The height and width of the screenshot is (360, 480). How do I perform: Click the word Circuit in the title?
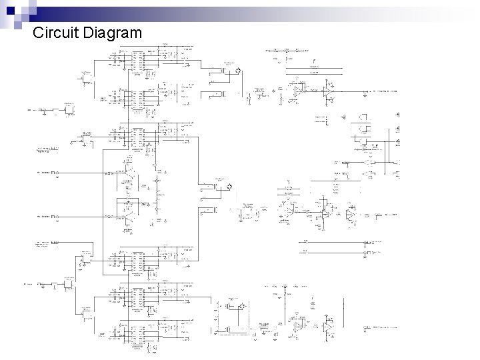point(56,32)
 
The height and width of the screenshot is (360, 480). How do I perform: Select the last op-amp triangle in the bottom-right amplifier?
point(327,327)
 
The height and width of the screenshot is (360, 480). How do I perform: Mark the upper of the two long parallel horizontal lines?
point(333,242)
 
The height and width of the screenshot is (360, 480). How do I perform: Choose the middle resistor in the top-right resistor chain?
point(286,50)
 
